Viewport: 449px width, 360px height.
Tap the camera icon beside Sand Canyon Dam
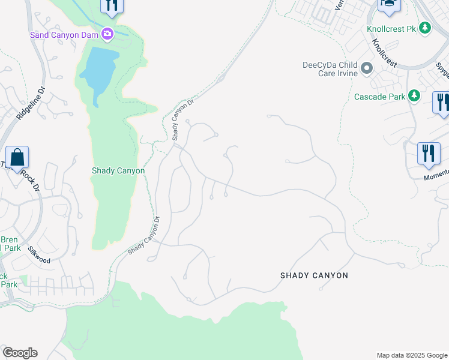pyautogui.click(x=107, y=34)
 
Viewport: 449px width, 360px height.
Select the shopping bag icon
pyautogui.click(x=17, y=158)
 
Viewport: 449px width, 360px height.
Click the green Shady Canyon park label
pyautogui.click(x=118, y=170)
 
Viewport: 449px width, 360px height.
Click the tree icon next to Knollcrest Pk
pyautogui.click(x=426, y=28)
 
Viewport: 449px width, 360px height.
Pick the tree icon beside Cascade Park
pyautogui.click(x=414, y=95)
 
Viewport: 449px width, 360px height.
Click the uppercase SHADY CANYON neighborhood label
pyautogui.click(x=314, y=275)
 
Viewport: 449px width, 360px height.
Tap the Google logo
pyautogui.click(x=20, y=353)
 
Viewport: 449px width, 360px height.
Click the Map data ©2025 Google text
pyautogui.click(x=412, y=355)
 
